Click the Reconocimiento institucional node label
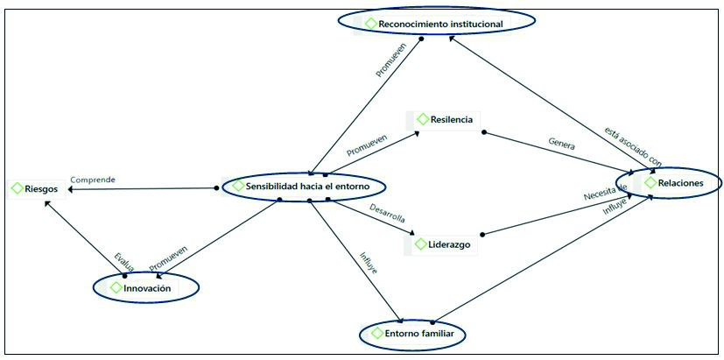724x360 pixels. pyautogui.click(x=440, y=24)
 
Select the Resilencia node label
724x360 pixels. pyautogui.click(x=451, y=119)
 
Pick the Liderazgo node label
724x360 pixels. pyautogui.click(x=450, y=244)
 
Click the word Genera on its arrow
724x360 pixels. pyautogui.click(x=561, y=143)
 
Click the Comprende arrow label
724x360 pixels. pyautogui.click(x=93, y=180)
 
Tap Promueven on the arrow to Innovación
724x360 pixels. pyautogui.click(x=168, y=256)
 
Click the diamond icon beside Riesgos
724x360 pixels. pyautogui.click(x=17, y=187)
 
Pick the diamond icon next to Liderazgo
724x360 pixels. pyautogui.click(x=420, y=244)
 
